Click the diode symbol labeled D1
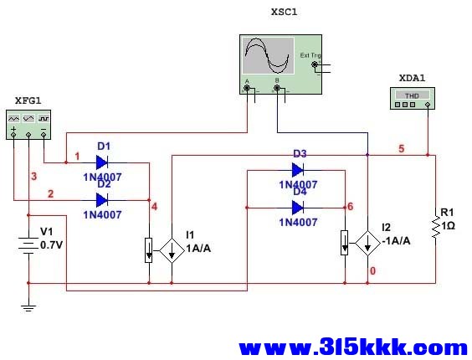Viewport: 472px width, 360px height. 102,162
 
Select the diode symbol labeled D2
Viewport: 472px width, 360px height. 102,200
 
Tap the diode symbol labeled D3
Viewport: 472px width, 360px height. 297,170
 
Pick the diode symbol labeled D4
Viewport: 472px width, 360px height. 297,208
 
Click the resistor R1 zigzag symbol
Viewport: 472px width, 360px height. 435,228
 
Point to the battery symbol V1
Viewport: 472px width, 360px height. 28,244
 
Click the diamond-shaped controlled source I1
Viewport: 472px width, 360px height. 172,250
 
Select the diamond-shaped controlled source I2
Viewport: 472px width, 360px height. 367,244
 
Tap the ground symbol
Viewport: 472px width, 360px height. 28,308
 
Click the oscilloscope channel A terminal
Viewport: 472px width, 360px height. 247,88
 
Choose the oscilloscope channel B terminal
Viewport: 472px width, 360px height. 277,88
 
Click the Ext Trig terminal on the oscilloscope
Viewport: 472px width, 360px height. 315,64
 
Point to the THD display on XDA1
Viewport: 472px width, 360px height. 412,95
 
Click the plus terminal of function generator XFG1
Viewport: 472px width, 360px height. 13,135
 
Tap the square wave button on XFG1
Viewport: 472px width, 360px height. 44,119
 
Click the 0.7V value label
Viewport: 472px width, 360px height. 52,245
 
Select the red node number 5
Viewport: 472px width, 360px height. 402,148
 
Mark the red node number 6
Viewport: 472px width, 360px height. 350,207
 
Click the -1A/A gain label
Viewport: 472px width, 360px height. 396,241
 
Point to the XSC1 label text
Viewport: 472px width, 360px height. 285,12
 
